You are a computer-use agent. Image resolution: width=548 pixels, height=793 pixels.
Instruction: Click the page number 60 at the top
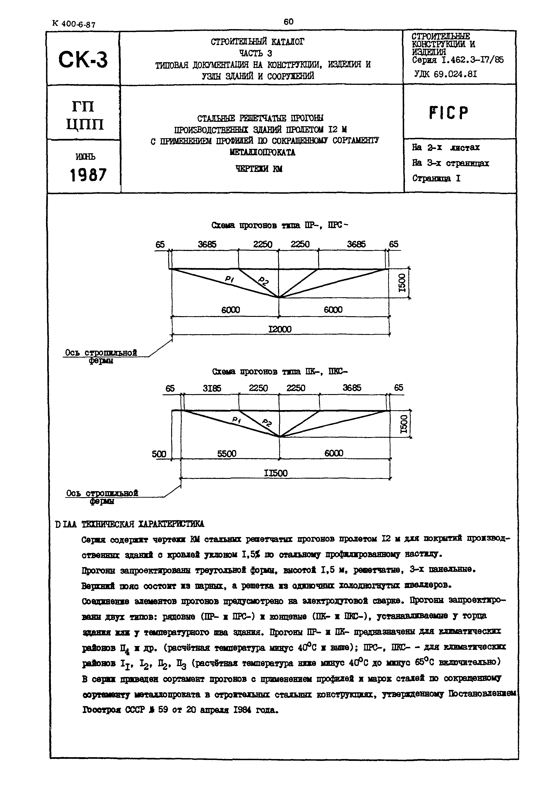(288, 21)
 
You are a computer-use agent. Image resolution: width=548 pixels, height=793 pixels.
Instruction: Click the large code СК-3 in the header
(83, 59)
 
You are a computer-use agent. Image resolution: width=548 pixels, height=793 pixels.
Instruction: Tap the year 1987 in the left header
(88, 175)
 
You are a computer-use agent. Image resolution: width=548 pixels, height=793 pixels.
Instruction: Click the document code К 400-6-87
(74, 24)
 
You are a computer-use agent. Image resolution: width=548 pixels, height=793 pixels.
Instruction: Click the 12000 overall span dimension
(280, 329)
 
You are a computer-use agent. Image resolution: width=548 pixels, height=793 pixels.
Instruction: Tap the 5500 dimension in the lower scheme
(227, 454)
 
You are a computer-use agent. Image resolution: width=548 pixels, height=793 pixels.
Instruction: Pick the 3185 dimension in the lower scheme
(212, 388)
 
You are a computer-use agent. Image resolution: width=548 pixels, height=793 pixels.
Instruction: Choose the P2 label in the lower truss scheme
(267, 423)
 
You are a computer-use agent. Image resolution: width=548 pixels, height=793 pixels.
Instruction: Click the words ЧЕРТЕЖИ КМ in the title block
(259, 169)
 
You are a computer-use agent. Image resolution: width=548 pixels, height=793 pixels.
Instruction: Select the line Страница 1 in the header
(436, 178)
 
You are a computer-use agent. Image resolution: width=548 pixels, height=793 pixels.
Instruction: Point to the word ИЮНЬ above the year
(86, 156)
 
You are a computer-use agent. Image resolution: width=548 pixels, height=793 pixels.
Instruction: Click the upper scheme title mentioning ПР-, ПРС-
(280, 225)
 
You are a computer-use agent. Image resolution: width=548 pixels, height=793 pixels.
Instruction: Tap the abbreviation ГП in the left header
(83, 106)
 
